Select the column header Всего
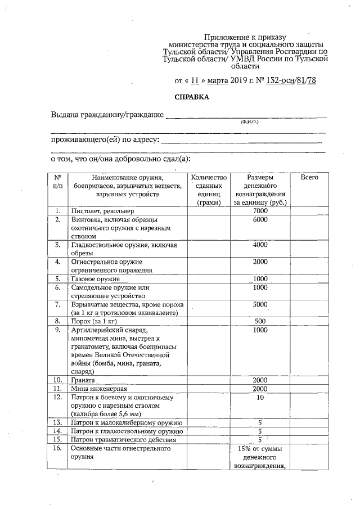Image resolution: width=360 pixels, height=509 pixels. pyautogui.click(x=309, y=177)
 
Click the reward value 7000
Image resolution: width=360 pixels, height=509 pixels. pyautogui.click(x=260, y=211)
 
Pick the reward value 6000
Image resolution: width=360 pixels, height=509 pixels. pyautogui.click(x=260, y=220)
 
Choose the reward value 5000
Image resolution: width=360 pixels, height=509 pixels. pyautogui.click(x=260, y=304)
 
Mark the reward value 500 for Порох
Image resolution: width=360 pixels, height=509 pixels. pyautogui.click(x=260, y=321)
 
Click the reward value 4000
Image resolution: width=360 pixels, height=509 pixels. pyautogui.click(x=260, y=245)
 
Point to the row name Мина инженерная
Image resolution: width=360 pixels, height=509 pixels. pyautogui.click(x=98, y=388)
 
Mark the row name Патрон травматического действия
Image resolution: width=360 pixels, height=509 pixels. pyautogui.click(x=123, y=439)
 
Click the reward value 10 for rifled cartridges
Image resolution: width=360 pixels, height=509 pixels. pyautogui.click(x=260, y=397)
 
